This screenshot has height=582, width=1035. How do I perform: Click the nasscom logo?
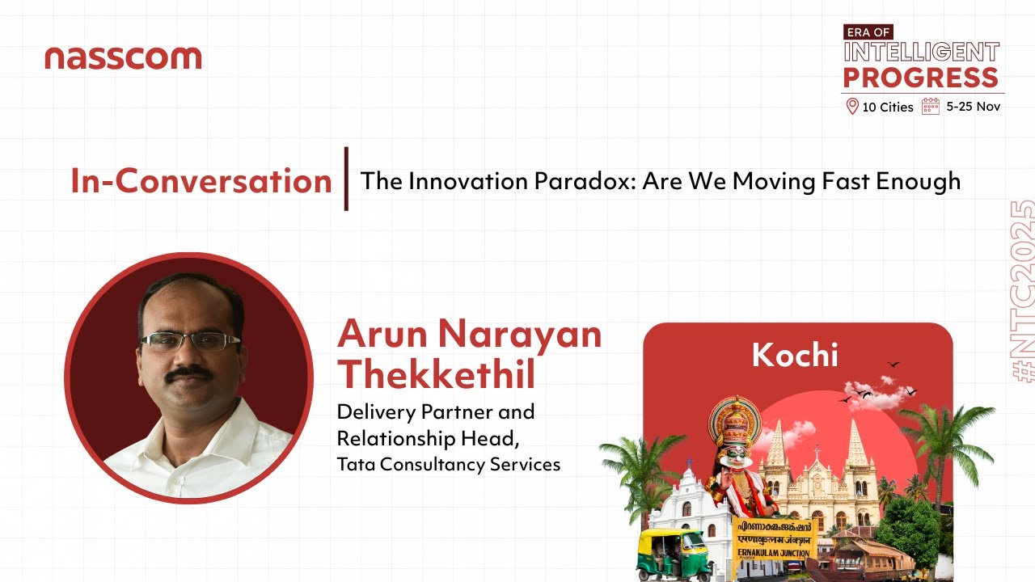coord(123,57)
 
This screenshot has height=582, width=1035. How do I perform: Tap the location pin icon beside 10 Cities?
coord(851,106)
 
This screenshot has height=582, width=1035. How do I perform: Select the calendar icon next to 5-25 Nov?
coord(931,106)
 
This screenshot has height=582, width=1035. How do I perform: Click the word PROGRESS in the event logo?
coord(921,78)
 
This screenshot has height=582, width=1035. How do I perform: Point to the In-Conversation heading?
coord(201,180)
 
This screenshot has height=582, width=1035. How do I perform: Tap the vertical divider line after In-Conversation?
coord(346,179)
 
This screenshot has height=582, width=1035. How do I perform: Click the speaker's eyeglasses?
coord(190,341)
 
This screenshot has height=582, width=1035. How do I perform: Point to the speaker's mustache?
coord(192,373)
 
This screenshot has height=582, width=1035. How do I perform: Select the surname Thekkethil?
coord(437,374)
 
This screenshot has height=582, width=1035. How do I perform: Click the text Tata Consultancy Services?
coord(448,464)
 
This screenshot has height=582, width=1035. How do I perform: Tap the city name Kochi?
coord(795,355)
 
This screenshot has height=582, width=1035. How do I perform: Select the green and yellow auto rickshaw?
coord(674,554)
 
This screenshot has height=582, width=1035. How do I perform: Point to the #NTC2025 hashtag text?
coord(1022,291)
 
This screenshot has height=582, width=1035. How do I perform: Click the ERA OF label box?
coord(867,32)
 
